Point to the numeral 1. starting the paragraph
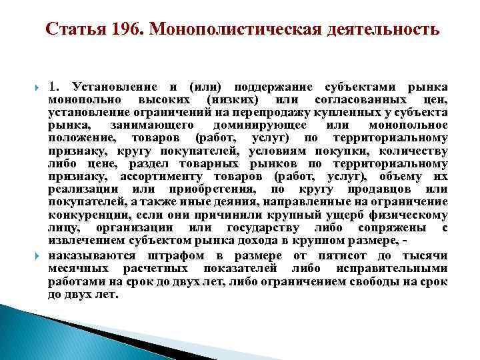(x=55, y=87)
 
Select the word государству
(x=261, y=227)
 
